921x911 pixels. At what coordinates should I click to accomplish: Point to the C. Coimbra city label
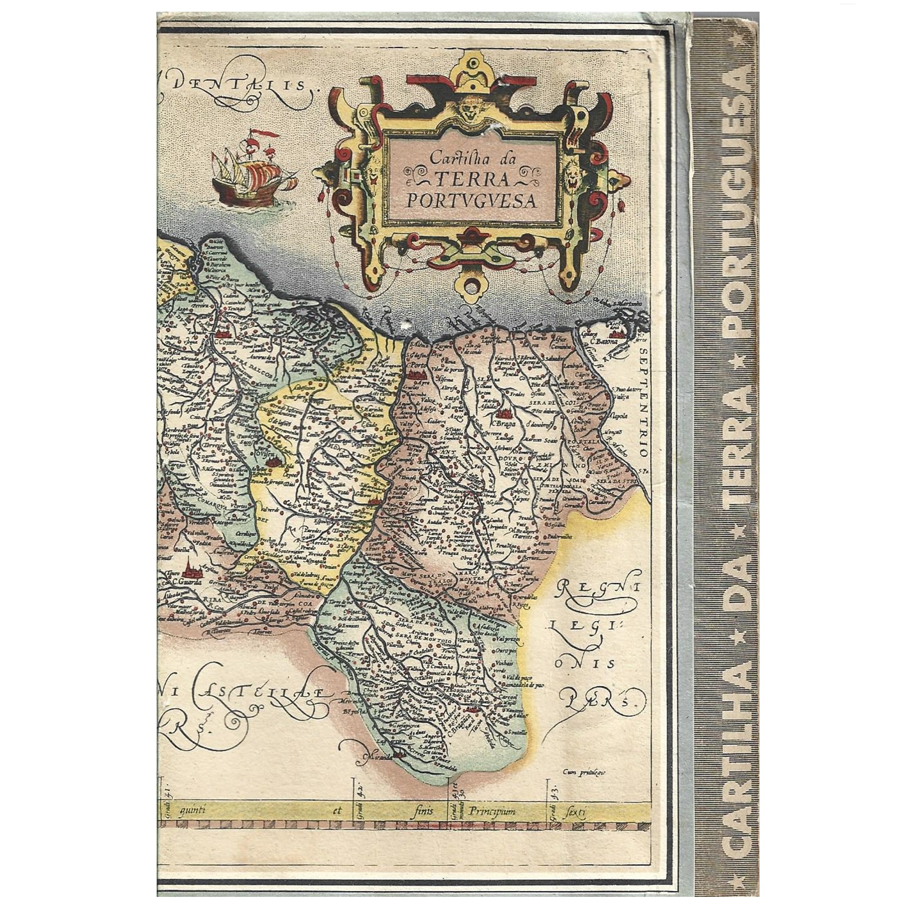click(225, 342)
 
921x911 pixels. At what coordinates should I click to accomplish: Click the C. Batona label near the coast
click(604, 341)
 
